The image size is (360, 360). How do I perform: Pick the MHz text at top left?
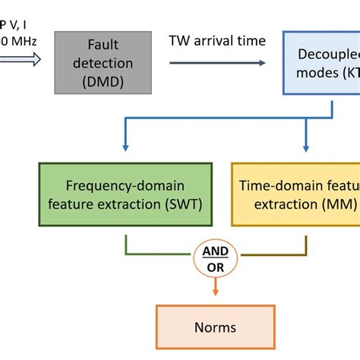coord(17,40)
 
